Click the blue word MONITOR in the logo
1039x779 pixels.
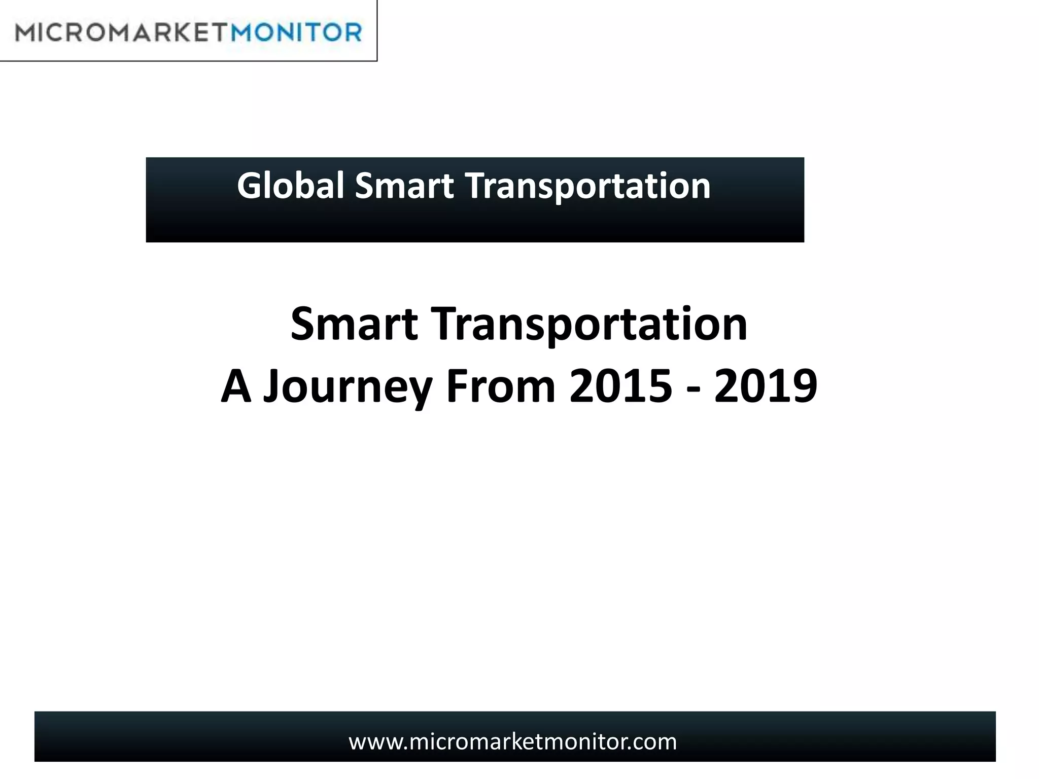(x=297, y=32)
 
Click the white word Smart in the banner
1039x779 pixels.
(x=404, y=186)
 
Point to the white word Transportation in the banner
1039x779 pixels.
(x=588, y=187)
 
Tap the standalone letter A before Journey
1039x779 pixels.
(x=236, y=386)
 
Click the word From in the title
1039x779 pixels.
(x=501, y=386)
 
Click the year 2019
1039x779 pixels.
(x=766, y=386)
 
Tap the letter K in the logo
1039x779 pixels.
(x=174, y=33)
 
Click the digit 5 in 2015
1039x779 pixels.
(x=659, y=386)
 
